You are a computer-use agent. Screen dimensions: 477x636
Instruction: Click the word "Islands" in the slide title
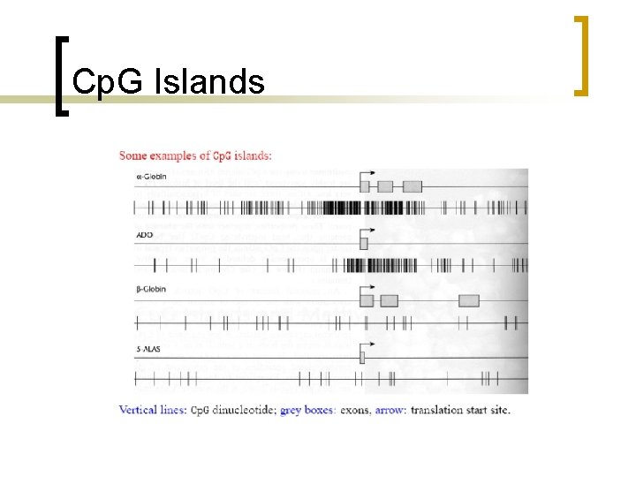point(208,82)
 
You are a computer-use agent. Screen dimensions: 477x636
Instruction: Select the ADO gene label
point(144,235)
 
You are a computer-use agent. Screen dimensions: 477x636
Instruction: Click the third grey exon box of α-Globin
point(413,186)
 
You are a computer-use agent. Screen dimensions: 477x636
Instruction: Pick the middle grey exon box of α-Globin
point(385,186)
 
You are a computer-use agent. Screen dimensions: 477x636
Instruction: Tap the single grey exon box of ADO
point(363,243)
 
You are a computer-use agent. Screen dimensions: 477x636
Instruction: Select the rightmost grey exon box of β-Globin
point(469,300)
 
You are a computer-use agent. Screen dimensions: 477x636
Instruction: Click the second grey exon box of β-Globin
point(389,300)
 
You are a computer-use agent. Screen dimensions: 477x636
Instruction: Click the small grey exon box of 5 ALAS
point(361,357)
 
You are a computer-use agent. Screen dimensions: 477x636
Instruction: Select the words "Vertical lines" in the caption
point(152,410)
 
